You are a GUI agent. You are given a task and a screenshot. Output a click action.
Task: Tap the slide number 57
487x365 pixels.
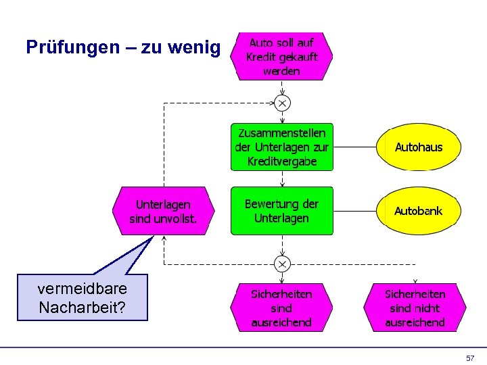[470, 358]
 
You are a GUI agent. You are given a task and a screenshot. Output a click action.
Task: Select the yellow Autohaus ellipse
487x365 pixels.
[419, 147]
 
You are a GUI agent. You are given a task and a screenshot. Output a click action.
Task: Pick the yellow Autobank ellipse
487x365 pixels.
[419, 211]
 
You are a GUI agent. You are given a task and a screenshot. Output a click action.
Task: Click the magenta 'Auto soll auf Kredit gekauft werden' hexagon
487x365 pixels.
[282, 57]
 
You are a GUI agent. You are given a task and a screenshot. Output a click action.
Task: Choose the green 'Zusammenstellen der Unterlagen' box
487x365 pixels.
[282, 147]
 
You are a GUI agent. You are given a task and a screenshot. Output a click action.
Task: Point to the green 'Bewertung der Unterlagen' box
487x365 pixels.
[282, 211]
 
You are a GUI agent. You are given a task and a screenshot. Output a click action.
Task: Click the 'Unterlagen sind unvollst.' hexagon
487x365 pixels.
[163, 211]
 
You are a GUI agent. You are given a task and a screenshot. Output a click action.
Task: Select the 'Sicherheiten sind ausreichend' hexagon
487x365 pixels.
[282, 308]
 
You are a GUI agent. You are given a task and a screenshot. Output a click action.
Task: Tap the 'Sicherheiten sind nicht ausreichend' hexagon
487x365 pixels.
[415, 308]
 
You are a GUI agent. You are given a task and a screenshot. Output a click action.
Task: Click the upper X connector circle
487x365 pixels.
[282, 103]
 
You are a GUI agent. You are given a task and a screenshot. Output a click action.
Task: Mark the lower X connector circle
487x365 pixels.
[282, 263]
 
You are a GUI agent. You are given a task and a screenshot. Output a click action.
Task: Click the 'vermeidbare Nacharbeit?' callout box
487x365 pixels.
[82, 298]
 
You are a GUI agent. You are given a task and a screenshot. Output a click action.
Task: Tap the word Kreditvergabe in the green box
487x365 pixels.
[282, 162]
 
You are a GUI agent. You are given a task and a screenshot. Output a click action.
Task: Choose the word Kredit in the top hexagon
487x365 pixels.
[260, 57]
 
